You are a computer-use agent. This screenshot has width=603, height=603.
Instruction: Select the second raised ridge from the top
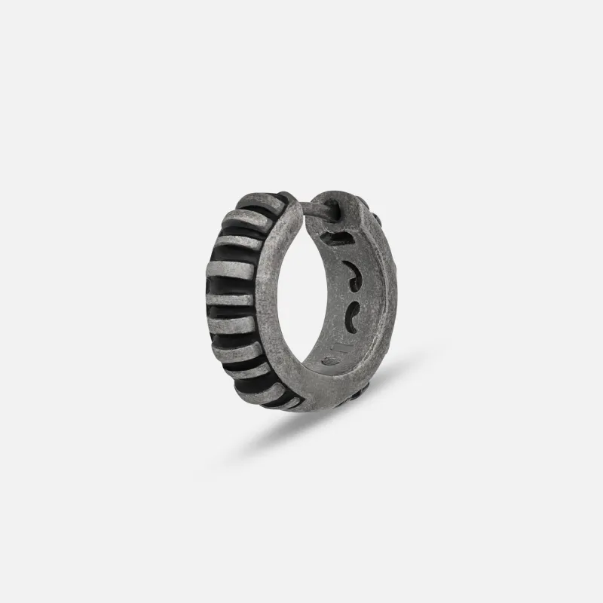tap(245, 223)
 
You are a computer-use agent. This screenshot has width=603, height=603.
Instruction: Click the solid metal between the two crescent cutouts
tap(353, 295)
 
